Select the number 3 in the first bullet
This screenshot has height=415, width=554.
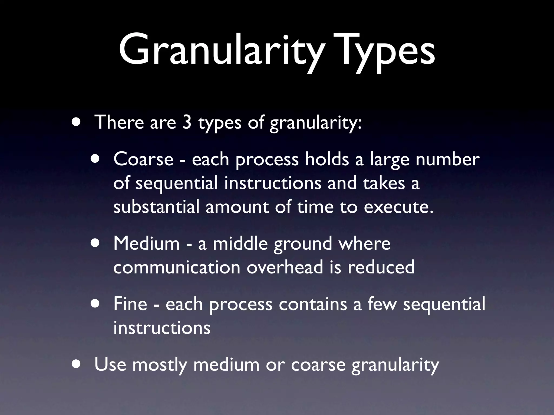187,122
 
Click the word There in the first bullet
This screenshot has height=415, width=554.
119,122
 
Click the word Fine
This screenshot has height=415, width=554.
130,304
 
